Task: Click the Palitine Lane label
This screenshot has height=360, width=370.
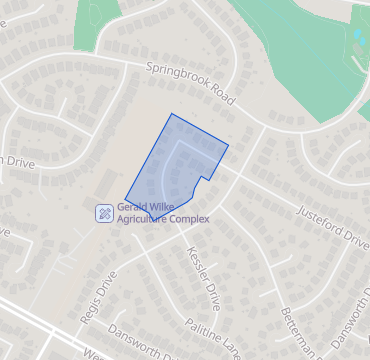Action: pos(213,336)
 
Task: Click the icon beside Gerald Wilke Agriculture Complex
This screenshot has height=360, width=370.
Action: pos(104,212)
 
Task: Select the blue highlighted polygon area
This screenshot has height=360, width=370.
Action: pos(170,160)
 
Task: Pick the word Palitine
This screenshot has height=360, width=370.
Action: pos(204,329)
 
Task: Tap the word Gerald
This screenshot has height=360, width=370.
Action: pos(136,206)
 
